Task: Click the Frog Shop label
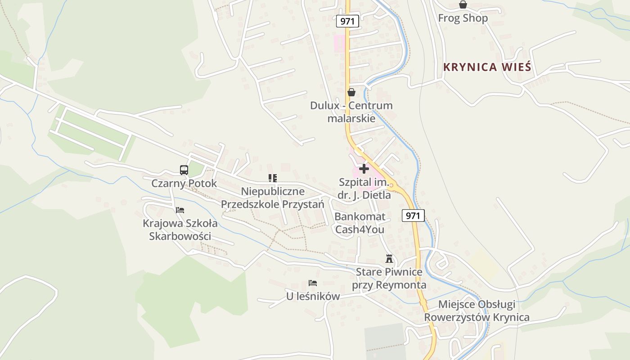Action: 463,18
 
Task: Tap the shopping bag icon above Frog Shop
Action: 463,5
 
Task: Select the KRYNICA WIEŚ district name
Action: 487,67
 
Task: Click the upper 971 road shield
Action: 347,21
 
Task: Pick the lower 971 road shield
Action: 413,216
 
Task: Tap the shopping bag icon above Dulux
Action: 351,92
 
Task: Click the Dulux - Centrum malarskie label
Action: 351,112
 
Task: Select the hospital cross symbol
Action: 364,169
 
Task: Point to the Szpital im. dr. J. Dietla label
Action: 364,189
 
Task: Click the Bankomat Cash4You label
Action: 360,223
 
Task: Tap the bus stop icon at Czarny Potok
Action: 184,170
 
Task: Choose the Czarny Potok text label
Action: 184,184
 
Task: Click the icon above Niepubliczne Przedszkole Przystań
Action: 273,178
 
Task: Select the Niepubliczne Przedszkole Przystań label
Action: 273,198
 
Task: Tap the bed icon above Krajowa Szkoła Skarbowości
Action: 180,210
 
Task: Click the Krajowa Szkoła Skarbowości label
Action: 180,230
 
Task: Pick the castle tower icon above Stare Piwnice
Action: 389,259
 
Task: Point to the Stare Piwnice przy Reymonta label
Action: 389,279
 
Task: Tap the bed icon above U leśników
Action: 313,283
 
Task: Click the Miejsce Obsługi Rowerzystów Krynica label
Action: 477,311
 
